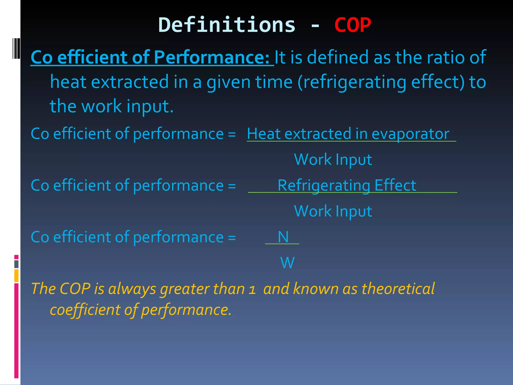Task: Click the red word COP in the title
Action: pos(352,25)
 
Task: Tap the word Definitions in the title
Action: pos(227,25)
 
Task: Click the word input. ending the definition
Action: pos(150,106)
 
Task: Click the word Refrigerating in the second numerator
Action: pos(324,186)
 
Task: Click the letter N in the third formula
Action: pos(283,237)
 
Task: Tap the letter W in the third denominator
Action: pos(287,263)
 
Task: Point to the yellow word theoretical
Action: pos(398,289)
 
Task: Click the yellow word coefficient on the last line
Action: pos(85,310)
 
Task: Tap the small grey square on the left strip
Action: pos(16,264)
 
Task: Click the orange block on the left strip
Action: pos(16,276)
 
